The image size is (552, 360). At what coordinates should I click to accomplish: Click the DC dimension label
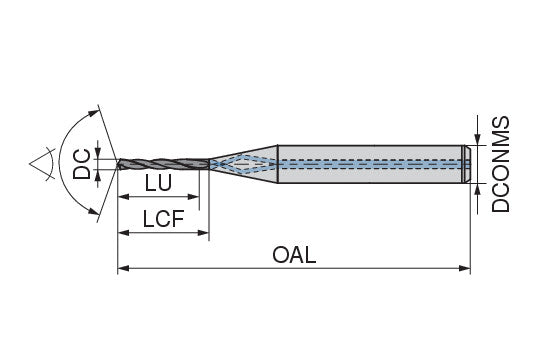tap(82, 164)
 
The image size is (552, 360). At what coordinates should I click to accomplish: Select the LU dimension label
tap(158, 183)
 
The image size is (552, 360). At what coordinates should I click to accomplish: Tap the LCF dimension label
tap(163, 219)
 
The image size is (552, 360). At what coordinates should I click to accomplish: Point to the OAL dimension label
tap(294, 255)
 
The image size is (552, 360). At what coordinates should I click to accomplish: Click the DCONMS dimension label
tap(500, 164)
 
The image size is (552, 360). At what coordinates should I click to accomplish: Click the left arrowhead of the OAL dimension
tap(123, 269)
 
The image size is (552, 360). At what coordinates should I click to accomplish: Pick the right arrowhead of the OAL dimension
tap(465, 269)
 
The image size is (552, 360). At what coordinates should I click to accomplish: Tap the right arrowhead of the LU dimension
tap(193, 197)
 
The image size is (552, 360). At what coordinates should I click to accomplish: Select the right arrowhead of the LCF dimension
tap(203, 233)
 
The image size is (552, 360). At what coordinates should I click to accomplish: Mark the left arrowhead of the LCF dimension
tap(123, 233)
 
